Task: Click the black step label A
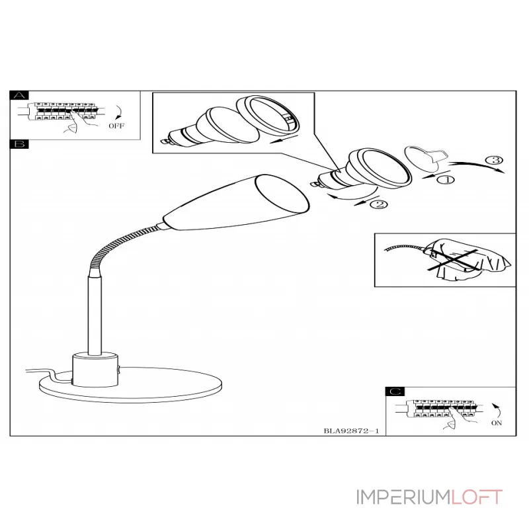[x=19, y=95]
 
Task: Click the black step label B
[x=19, y=144]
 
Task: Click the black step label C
[x=395, y=391]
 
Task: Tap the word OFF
[x=116, y=126]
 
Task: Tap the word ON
[x=497, y=423]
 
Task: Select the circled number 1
[x=446, y=180]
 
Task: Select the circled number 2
[x=379, y=204]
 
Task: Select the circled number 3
[x=494, y=160]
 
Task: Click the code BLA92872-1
[x=351, y=431]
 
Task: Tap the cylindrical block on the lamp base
[x=95, y=370]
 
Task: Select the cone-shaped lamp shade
[x=236, y=203]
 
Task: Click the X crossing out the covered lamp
[x=453, y=260]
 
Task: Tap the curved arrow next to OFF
[x=120, y=112]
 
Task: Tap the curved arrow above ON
[x=497, y=410]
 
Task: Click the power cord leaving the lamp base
[x=51, y=374]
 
